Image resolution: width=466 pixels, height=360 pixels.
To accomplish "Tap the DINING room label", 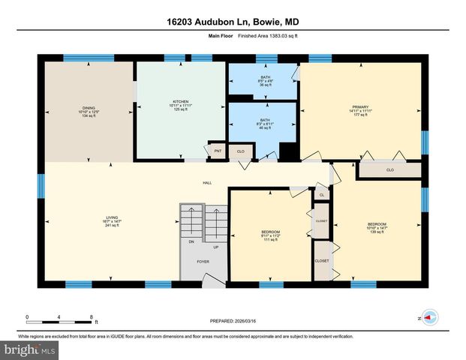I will point(89,108).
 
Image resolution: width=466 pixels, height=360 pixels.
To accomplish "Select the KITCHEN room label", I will point(180,102).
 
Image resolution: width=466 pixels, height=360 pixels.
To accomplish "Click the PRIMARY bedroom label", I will point(360,107).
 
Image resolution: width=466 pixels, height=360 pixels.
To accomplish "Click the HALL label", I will point(207,183).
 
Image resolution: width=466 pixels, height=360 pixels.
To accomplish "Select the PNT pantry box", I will point(218,151).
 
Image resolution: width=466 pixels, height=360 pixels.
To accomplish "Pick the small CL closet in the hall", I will point(320,195).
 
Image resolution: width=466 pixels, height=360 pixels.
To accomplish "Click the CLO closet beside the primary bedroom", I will point(389,170).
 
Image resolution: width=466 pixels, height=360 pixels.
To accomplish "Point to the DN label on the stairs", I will point(191,242).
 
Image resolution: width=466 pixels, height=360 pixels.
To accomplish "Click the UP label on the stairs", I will point(215,247).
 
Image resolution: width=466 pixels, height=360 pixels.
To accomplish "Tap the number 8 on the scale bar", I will point(91,317).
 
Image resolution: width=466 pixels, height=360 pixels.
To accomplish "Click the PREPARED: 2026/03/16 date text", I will point(233,320).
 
